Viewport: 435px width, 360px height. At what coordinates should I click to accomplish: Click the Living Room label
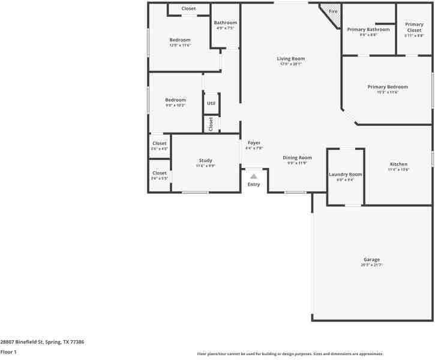tap(291, 59)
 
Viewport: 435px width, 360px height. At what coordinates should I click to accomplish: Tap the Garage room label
tap(371, 260)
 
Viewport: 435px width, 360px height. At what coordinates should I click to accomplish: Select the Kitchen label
tap(398, 164)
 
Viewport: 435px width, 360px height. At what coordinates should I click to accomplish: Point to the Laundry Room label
tap(346, 174)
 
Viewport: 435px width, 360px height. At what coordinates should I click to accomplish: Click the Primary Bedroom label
tap(388, 87)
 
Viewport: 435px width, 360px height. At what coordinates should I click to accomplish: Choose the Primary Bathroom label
tap(368, 29)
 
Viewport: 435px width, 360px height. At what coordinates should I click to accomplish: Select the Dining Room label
tap(297, 158)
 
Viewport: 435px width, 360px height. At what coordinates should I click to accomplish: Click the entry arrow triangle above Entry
tap(254, 176)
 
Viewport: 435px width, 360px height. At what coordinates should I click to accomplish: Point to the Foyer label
tap(254, 143)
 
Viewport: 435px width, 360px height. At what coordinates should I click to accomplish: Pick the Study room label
tap(205, 160)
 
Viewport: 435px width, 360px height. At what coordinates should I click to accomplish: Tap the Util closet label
tap(211, 103)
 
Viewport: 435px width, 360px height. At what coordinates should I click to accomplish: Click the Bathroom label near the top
tap(225, 23)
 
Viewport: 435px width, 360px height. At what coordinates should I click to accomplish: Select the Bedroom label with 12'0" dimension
tap(179, 40)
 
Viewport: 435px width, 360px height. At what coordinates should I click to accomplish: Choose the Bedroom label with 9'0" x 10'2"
tap(175, 100)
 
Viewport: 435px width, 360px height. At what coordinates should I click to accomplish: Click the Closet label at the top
tap(188, 8)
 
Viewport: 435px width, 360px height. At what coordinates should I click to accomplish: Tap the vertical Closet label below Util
tap(211, 124)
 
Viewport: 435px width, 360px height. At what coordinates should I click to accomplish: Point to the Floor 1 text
tap(8, 352)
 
